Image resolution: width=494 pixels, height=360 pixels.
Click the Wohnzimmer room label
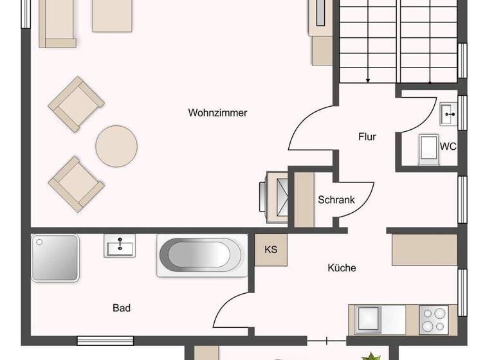[x=217, y=113]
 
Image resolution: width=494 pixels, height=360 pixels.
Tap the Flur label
[x=367, y=137]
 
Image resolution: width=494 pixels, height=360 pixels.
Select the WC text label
[x=448, y=147]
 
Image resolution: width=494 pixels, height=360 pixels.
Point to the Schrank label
[x=336, y=200]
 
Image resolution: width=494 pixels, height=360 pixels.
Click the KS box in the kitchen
[x=271, y=249]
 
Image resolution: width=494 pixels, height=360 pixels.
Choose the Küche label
[x=342, y=268]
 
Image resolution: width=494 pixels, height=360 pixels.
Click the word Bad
[x=122, y=308]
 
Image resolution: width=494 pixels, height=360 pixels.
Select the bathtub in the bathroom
[x=202, y=256]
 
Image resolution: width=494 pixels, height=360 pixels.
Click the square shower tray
[x=55, y=258]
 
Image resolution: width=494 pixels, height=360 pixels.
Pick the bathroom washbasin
[x=120, y=246]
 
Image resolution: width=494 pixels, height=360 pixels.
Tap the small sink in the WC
[x=448, y=114]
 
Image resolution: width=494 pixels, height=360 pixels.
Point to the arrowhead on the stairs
[x=368, y=80]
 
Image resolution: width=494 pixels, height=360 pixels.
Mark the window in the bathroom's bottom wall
[x=105, y=340]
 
